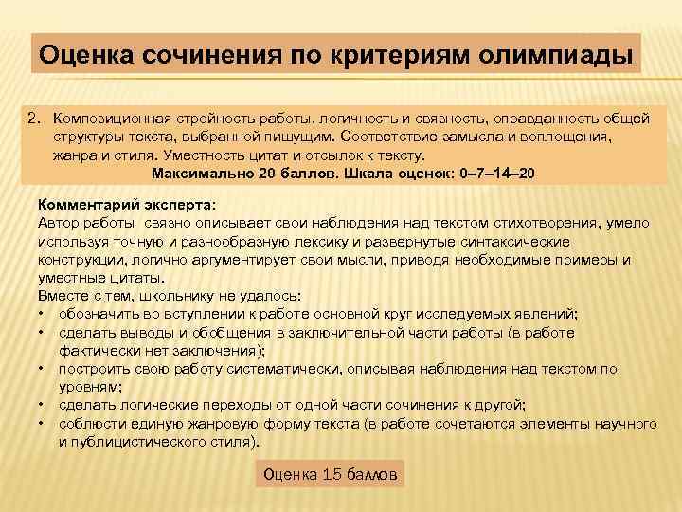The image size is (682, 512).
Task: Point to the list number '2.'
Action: pos(36,119)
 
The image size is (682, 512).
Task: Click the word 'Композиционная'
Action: pos(110,119)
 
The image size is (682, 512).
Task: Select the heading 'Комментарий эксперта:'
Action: pos(126,204)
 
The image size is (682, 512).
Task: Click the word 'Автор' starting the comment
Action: pos(60,223)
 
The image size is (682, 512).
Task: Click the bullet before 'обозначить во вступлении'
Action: pos(43,314)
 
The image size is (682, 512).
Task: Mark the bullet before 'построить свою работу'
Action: pos(43,369)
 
